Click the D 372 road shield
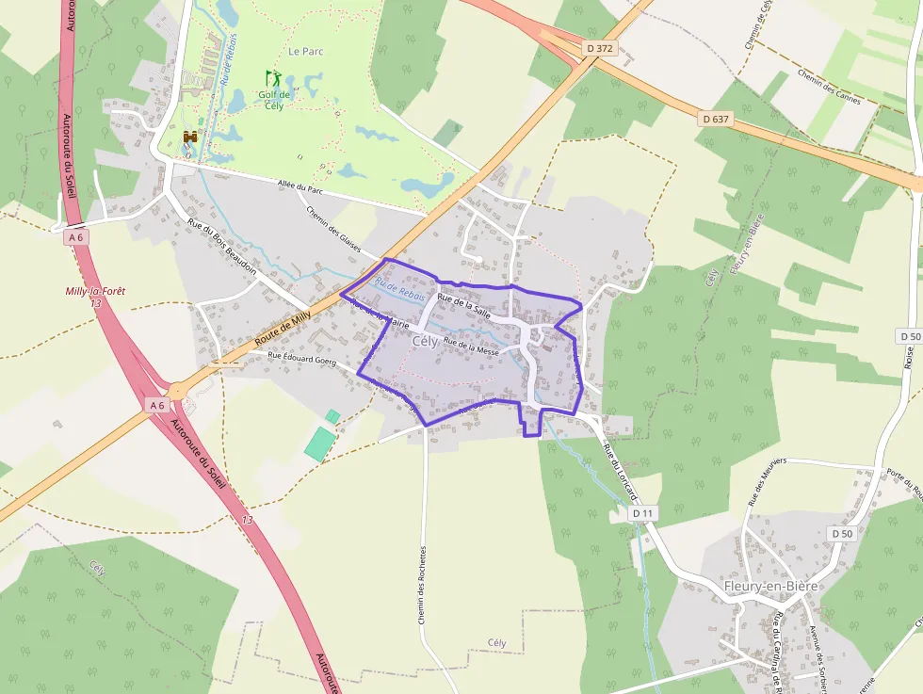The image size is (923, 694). pos(599,47)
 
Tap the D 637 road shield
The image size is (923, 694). pos(717,119)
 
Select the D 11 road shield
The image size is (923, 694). pos(642,513)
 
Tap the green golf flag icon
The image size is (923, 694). pos(272,78)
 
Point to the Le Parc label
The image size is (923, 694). pos(306,52)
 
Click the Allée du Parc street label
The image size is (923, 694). pos(302,188)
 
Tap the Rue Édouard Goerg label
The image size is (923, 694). pos(301,359)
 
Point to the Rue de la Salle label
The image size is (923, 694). pos(463,306)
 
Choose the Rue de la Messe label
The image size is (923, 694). pos(471,346)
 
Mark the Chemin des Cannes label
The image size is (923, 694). pos(829,88)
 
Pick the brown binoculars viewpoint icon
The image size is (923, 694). pos(190,137)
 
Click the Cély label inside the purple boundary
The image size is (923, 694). pos(425,343)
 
